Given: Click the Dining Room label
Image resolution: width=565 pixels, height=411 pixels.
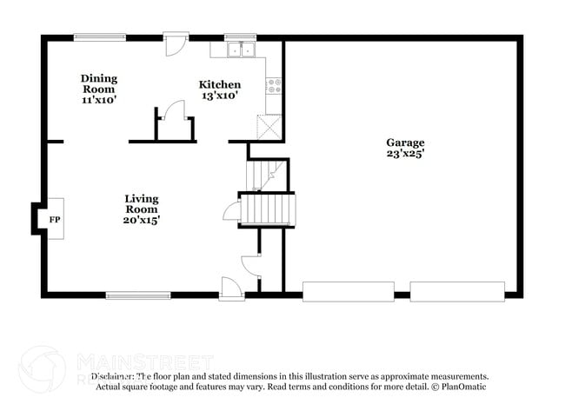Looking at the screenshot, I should (x=99, y=83).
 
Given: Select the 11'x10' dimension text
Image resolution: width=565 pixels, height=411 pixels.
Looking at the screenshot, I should (x=99, y=100).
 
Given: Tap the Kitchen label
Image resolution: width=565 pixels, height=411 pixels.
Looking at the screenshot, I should (x=220, y=84).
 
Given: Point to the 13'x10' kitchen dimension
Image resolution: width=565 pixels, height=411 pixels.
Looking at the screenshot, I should (x=220, y=96).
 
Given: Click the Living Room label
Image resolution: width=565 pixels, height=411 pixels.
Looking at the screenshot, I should (x=141, y=203).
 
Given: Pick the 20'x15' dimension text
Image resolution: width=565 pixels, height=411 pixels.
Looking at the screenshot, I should (x=141, y=220).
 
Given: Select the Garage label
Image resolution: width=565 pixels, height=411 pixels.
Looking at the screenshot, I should (x=405, y=143).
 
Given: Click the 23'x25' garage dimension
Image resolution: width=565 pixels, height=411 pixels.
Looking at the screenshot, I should (x=405, y=154).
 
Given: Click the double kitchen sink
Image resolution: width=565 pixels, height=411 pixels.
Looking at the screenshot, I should (x=240, y=51).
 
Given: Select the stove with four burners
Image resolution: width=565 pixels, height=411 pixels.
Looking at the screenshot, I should (x=274, y=85).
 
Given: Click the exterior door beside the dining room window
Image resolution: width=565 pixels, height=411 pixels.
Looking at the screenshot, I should (x=176, y=43).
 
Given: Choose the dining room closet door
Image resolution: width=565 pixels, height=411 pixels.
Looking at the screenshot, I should (x=174, y=111).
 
